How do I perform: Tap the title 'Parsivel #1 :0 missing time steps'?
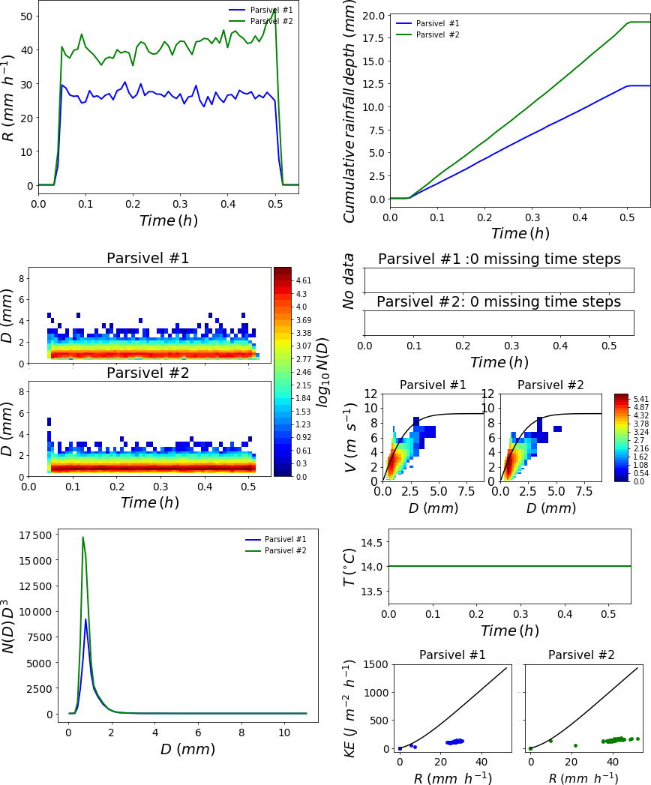(x=499, y=259)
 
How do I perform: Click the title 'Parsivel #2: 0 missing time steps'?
(x=499, y=301)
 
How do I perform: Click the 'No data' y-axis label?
(x=348, y=280)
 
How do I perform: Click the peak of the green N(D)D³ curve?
(x=82, y=537)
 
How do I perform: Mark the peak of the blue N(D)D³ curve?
(x=86, y=619)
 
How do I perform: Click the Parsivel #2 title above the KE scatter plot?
(x=581, y=655)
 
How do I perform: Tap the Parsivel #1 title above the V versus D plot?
(x=433, y=385)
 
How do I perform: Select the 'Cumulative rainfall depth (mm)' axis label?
(x=349, y=116)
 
